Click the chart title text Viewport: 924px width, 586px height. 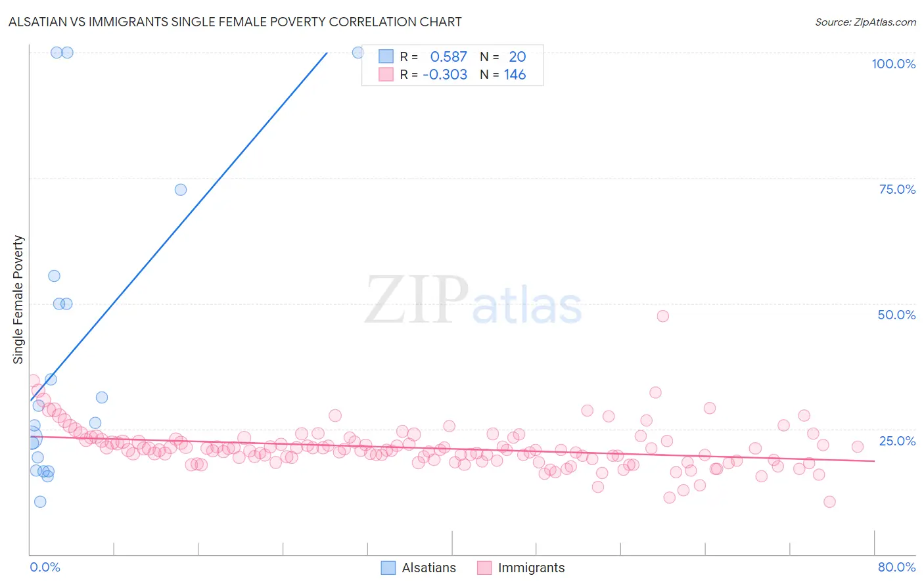click(x=235, y=22)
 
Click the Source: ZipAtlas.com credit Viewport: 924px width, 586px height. click(x=865, y=22)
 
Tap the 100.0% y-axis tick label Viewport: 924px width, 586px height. click(x=893, y=64)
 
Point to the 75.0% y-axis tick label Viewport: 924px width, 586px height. click(x=897, y=189)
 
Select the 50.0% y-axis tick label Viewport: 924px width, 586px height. click(x=896, y=315)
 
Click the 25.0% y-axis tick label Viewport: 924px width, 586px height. click(x=897, y=440)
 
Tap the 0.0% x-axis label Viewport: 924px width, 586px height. click(x=45, y=567)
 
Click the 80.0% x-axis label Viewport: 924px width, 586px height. click(x=896, y=567)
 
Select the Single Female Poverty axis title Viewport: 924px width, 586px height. click(x=18, y=300)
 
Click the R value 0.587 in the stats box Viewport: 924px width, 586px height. click(x=448, y=56)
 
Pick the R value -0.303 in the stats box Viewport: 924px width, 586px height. click(x=445, y=74)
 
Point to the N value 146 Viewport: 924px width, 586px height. click(x=515, y=74)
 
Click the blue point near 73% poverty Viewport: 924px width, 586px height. click(x=181, y=190)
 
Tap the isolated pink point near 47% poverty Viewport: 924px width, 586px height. click(x=662, y=316)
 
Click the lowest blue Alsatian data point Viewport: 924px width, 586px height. click(x=40, y=502)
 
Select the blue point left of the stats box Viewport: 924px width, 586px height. click(x=358, y=53)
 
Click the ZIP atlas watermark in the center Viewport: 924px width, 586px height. click(x=473, y=301)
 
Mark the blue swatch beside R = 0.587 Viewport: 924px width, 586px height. click(x=386, y=56)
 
